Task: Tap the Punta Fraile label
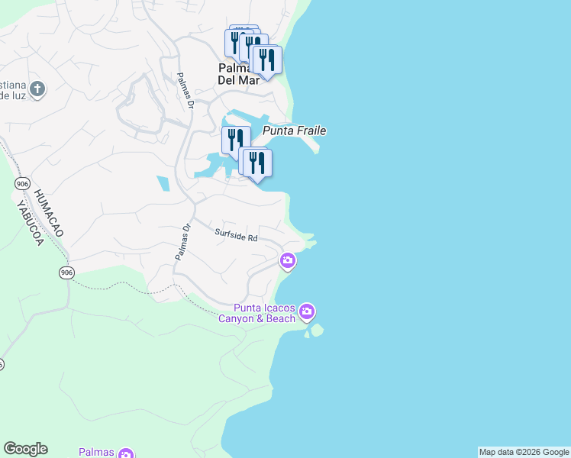pyautogui.click(x=295, y=131)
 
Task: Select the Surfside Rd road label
pyautogui.click(x=236, y=237)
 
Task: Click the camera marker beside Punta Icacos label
pyautogui.click(x=307, y=311)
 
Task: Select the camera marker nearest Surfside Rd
pyautogui.click(x=288, y=261)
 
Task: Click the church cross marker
pyautogui.click(x=37, y=89)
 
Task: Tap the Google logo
pyautogui.click(x=25, y=449)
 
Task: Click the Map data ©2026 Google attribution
pyautogui.click(x=524, y=452)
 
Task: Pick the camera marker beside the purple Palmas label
pyautogui.click(x=126, y=453)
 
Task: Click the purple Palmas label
pyautogui.click(x=96, y=453)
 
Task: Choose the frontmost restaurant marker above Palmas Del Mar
pyautogui.click(x=266, y=60)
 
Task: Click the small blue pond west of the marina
pyautogui.click(x=163, y=184)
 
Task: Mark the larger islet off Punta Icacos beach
pyautogui.click(x=317, y=330)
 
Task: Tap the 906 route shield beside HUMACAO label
pyautogui.click(x=21, y=184)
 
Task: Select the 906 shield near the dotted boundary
pyautogui.click(x=67, y=273)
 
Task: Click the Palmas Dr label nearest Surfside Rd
pyautogui.click(x=182, y=243)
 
